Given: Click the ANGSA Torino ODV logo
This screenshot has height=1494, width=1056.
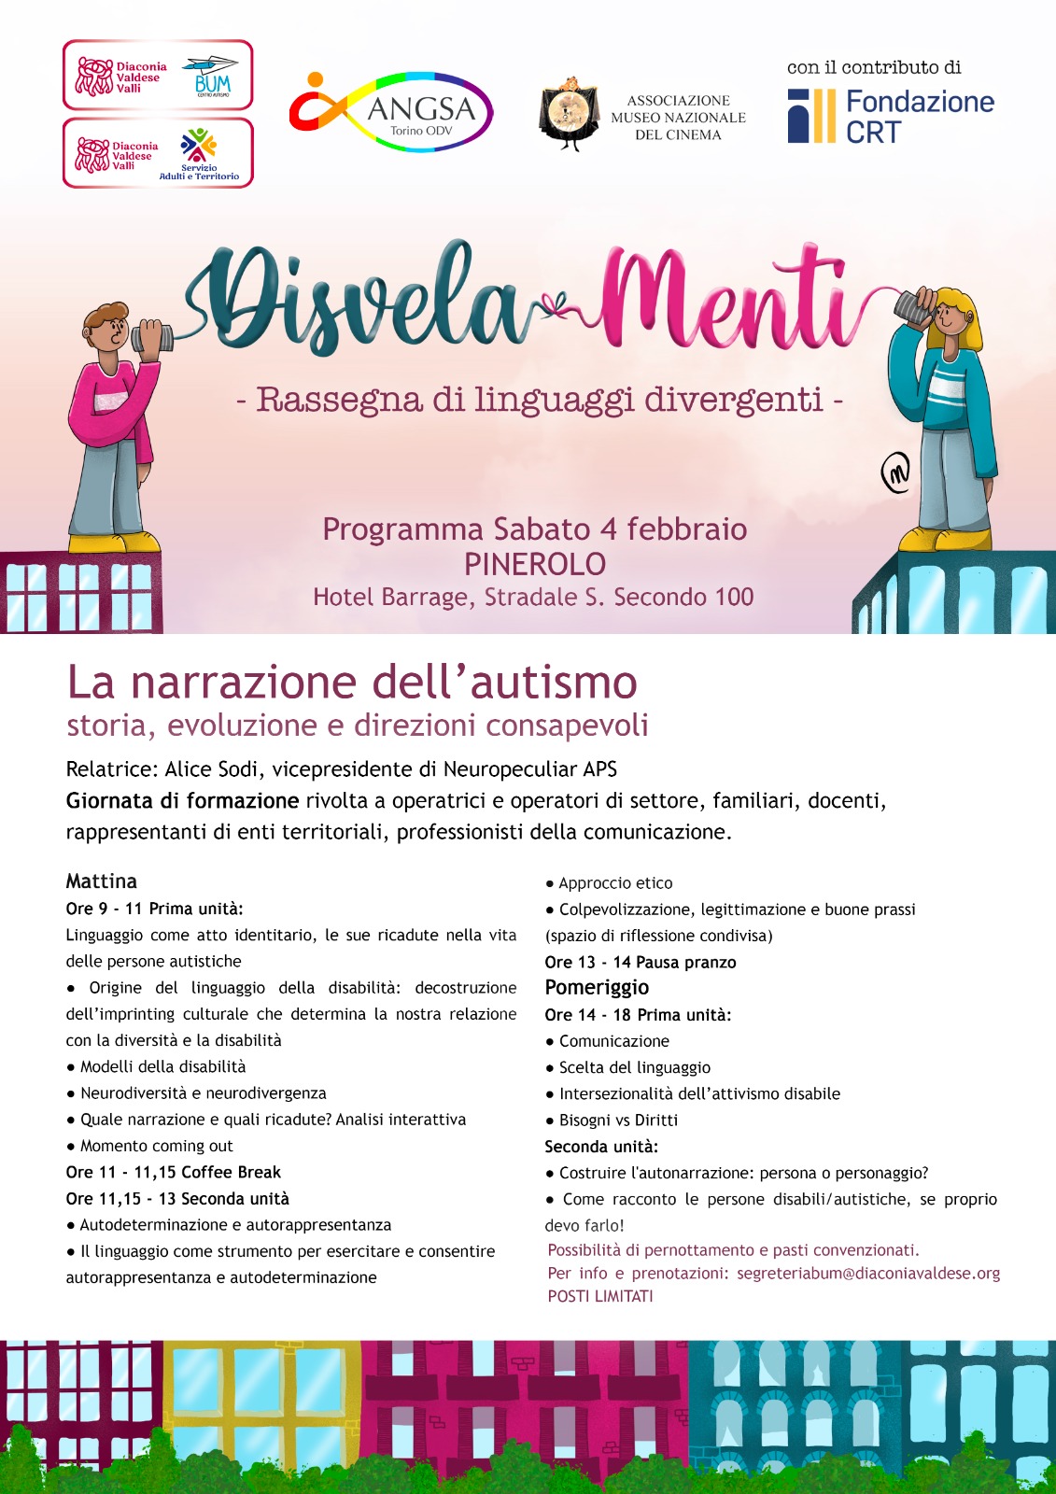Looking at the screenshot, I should [x=392, y=111].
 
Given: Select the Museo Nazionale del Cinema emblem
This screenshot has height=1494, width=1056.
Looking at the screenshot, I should [x=570, y=115].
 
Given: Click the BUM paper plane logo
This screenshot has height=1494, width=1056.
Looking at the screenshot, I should [x=212, y=76].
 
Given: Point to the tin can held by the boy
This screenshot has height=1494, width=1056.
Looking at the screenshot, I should [x=151, y=336].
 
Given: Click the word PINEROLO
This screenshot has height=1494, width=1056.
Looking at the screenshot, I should [x=535, y=564].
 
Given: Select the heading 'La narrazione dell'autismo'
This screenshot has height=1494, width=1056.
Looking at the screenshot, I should [x=352, y=683].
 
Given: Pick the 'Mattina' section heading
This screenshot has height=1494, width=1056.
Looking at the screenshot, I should [x=101, y=881].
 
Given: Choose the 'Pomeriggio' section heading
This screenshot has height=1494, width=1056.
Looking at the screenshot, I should [x=597, y=988].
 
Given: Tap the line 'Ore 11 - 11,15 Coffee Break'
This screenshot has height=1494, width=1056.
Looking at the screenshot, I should [x=173, y=1172].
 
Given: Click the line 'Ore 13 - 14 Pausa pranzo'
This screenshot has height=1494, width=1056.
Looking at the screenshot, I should [x=641, y=962].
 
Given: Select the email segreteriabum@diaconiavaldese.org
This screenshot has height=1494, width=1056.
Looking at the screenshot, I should [x=868, y=1273].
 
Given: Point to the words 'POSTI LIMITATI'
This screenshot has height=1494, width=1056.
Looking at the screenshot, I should [x=600, y=1296].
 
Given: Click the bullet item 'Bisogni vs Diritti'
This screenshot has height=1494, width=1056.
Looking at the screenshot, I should [x=618, y=1120].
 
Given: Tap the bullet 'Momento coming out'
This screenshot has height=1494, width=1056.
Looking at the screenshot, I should [x=156, y=1146].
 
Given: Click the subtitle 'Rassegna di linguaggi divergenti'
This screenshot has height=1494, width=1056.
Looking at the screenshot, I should [x=540, y=400].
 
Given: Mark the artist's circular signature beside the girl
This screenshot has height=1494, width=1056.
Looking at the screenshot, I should [x=895, y=473].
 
